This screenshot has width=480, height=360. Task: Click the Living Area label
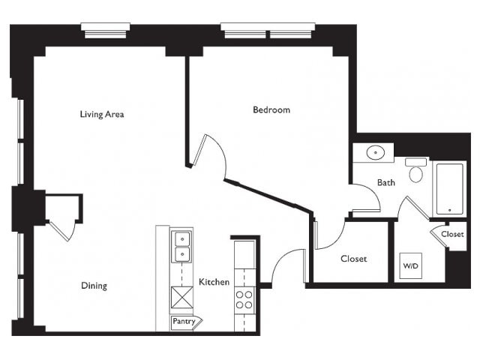[102, 115]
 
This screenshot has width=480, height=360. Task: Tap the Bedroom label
[271, 110]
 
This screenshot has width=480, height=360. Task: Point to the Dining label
[94, 286]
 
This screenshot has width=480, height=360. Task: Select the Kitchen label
[214, 282]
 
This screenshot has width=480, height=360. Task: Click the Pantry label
[184, 321]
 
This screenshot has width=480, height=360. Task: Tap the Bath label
[386, 183]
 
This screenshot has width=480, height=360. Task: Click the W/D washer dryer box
[411, 265]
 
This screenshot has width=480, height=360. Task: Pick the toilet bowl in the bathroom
[416, 174]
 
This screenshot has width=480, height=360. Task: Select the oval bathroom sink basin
[376, 152]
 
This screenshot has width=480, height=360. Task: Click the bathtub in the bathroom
[449, 189]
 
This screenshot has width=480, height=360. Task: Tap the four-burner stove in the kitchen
[244, 300]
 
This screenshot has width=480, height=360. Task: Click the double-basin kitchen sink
[182, 247]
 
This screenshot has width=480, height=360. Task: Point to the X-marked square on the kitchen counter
[182, 297]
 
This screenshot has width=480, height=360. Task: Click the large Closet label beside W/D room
[353, 259]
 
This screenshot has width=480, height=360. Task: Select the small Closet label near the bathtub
[452, 234]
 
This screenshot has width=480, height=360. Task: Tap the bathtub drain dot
[449, 210]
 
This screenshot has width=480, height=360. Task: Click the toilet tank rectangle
[416, 162]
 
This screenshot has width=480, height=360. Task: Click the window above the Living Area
[105, 31]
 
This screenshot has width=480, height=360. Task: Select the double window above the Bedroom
[268, 31]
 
